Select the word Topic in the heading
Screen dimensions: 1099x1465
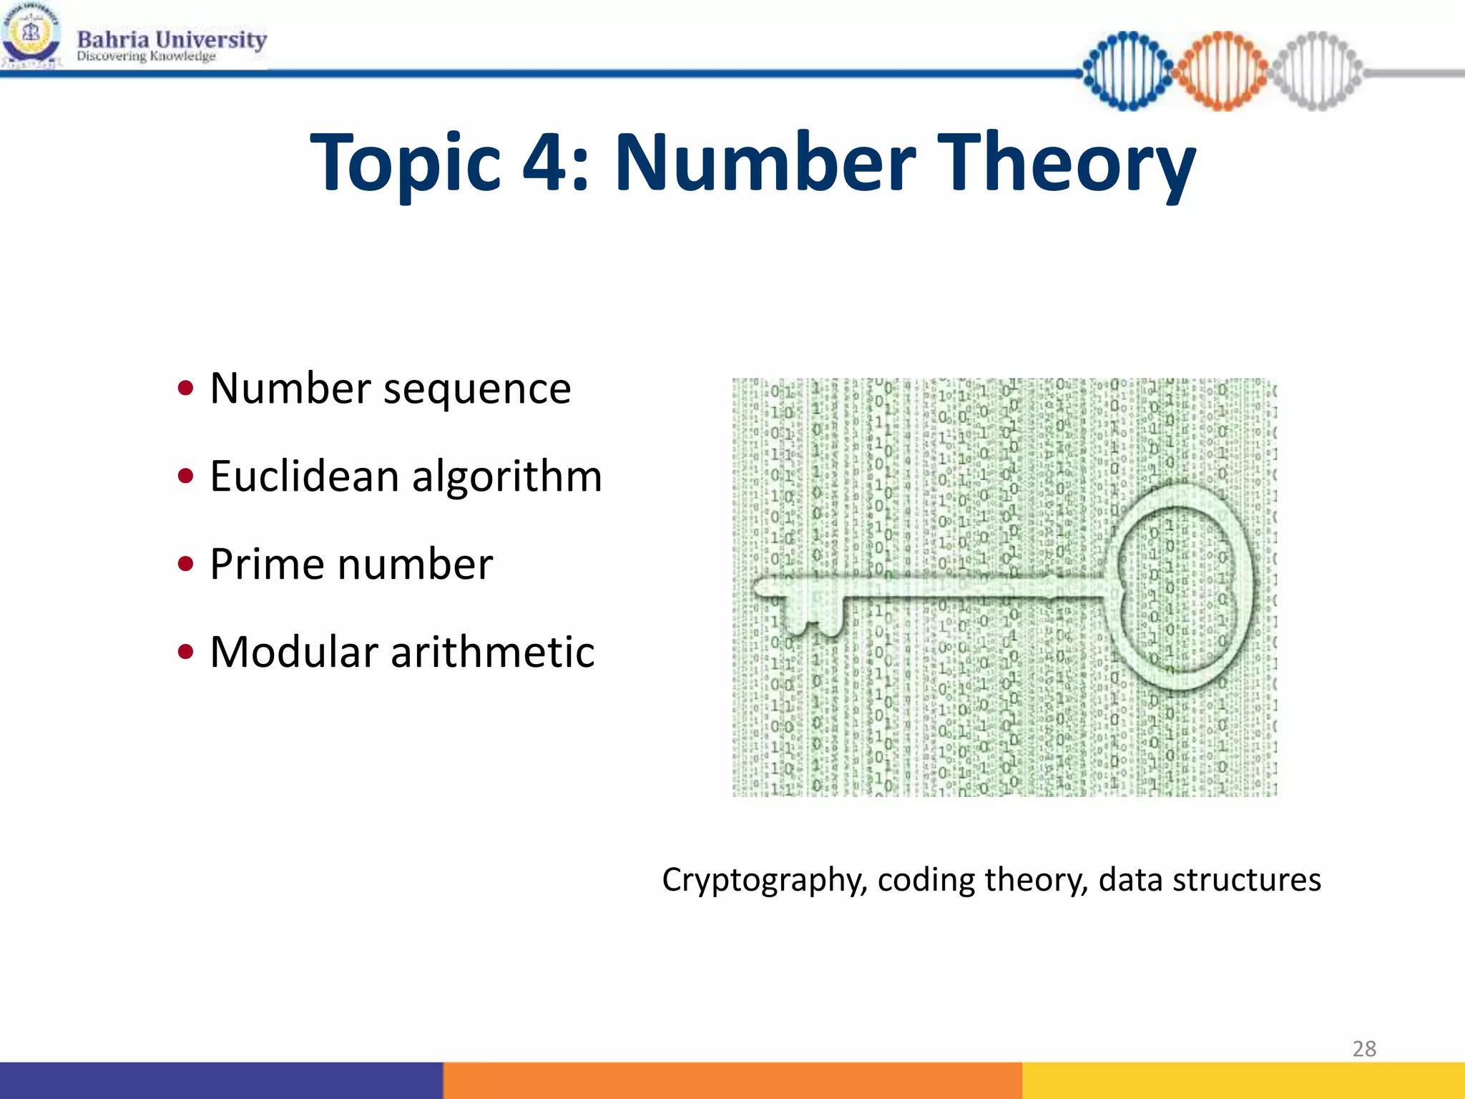406,165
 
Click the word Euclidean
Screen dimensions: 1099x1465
304,476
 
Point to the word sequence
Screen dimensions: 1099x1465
477,390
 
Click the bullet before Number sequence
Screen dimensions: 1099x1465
186,389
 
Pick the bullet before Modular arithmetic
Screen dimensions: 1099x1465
186,652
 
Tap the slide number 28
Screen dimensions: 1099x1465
1363,1048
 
